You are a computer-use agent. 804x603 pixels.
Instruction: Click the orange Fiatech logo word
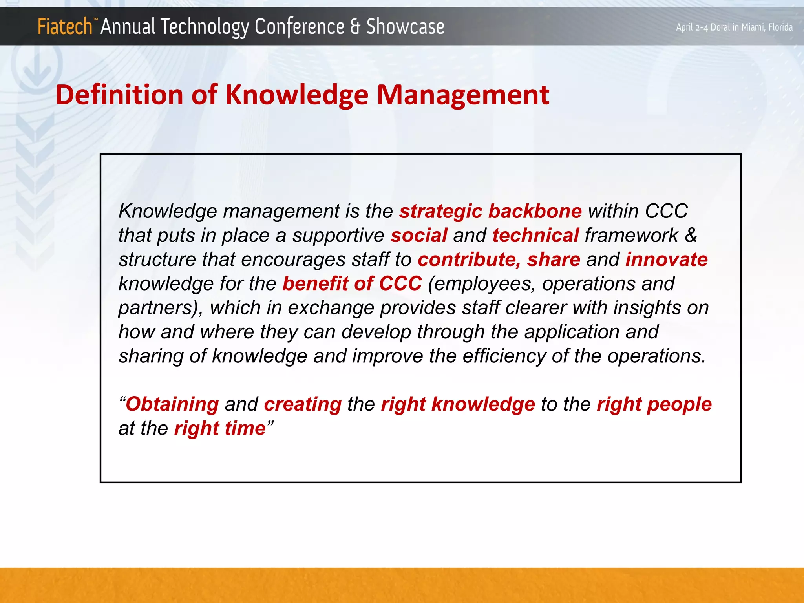(x=65, y=27)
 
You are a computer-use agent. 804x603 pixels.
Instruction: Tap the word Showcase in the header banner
(x=405, y=27)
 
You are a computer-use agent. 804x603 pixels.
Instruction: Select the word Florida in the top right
(x=780, y=27)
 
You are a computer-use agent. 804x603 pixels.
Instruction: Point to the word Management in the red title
(x=463, y=95)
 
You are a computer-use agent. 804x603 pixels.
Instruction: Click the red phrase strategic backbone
(x=490, y=211)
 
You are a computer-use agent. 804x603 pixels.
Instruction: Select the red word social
(x=419, y=236)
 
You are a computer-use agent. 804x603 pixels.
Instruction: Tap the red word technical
(x=535, y=236)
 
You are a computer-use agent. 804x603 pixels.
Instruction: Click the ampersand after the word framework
(x=691, y=236)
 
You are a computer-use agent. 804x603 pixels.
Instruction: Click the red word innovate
(x=666, y=259)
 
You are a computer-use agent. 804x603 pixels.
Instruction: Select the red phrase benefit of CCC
(x=352, y=283)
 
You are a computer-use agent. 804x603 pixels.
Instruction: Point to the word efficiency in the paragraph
(x=504, y=356)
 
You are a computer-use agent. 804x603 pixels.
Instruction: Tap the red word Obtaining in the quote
(x=172, y=404)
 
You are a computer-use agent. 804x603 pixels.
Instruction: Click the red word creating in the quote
(x=303, y=404)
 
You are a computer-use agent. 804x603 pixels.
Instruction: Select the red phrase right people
(x=654, y=404)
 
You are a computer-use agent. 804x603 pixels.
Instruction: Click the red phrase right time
(x=220, y=428)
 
